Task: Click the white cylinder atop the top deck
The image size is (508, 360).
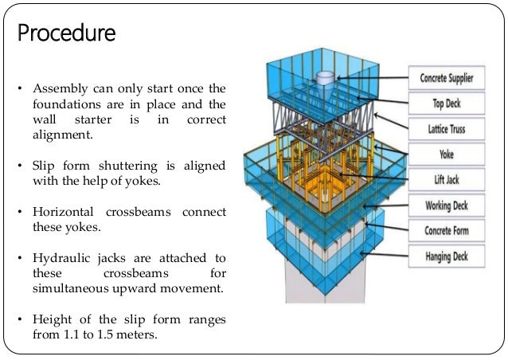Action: tap(326, 80)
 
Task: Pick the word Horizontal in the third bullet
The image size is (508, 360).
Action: tap(65, 213)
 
